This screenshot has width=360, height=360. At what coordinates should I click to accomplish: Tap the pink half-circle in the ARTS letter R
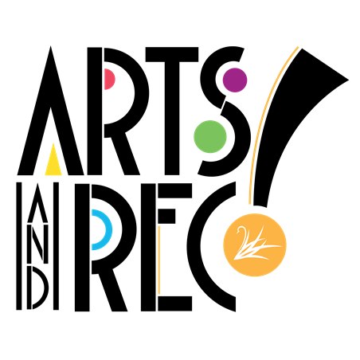[109, 79]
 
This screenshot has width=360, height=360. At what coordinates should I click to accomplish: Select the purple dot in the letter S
[235, 80]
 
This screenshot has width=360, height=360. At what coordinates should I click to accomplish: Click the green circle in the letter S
[210, 136]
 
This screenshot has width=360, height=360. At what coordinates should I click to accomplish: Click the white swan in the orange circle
[255, 243]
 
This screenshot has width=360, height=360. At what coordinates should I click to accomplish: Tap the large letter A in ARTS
[50, 112]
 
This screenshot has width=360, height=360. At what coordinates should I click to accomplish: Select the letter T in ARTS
[172, 111]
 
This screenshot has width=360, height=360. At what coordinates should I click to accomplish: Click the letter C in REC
[202, 247]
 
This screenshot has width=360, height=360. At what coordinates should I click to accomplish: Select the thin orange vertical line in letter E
[158, 260]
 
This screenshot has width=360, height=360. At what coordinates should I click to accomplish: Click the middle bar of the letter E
[166, 216]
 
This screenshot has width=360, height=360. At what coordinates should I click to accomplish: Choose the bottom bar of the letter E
[175, 303]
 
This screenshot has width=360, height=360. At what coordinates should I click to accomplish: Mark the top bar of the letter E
[175, 190]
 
